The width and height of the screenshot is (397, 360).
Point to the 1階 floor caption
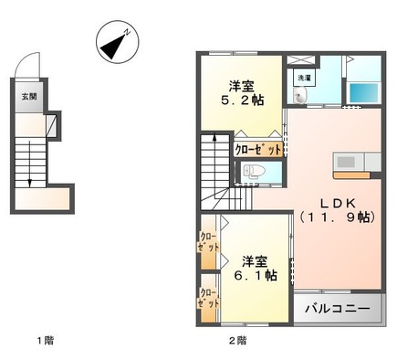(x=45, y=341)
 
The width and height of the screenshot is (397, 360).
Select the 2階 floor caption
(x=236, y=341)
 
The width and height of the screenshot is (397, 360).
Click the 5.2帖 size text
(x=245, y=99)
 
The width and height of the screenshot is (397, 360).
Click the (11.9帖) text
(x=337, y=217)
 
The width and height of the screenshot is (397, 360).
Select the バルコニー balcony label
(x=337, y=310)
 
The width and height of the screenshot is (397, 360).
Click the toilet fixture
(x=254, y=172)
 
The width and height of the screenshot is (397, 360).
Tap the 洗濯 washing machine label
(x=302, y=79)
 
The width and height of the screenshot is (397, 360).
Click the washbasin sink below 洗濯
(x=305, y=97)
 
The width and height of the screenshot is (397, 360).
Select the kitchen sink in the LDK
(x=347, y=163)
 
